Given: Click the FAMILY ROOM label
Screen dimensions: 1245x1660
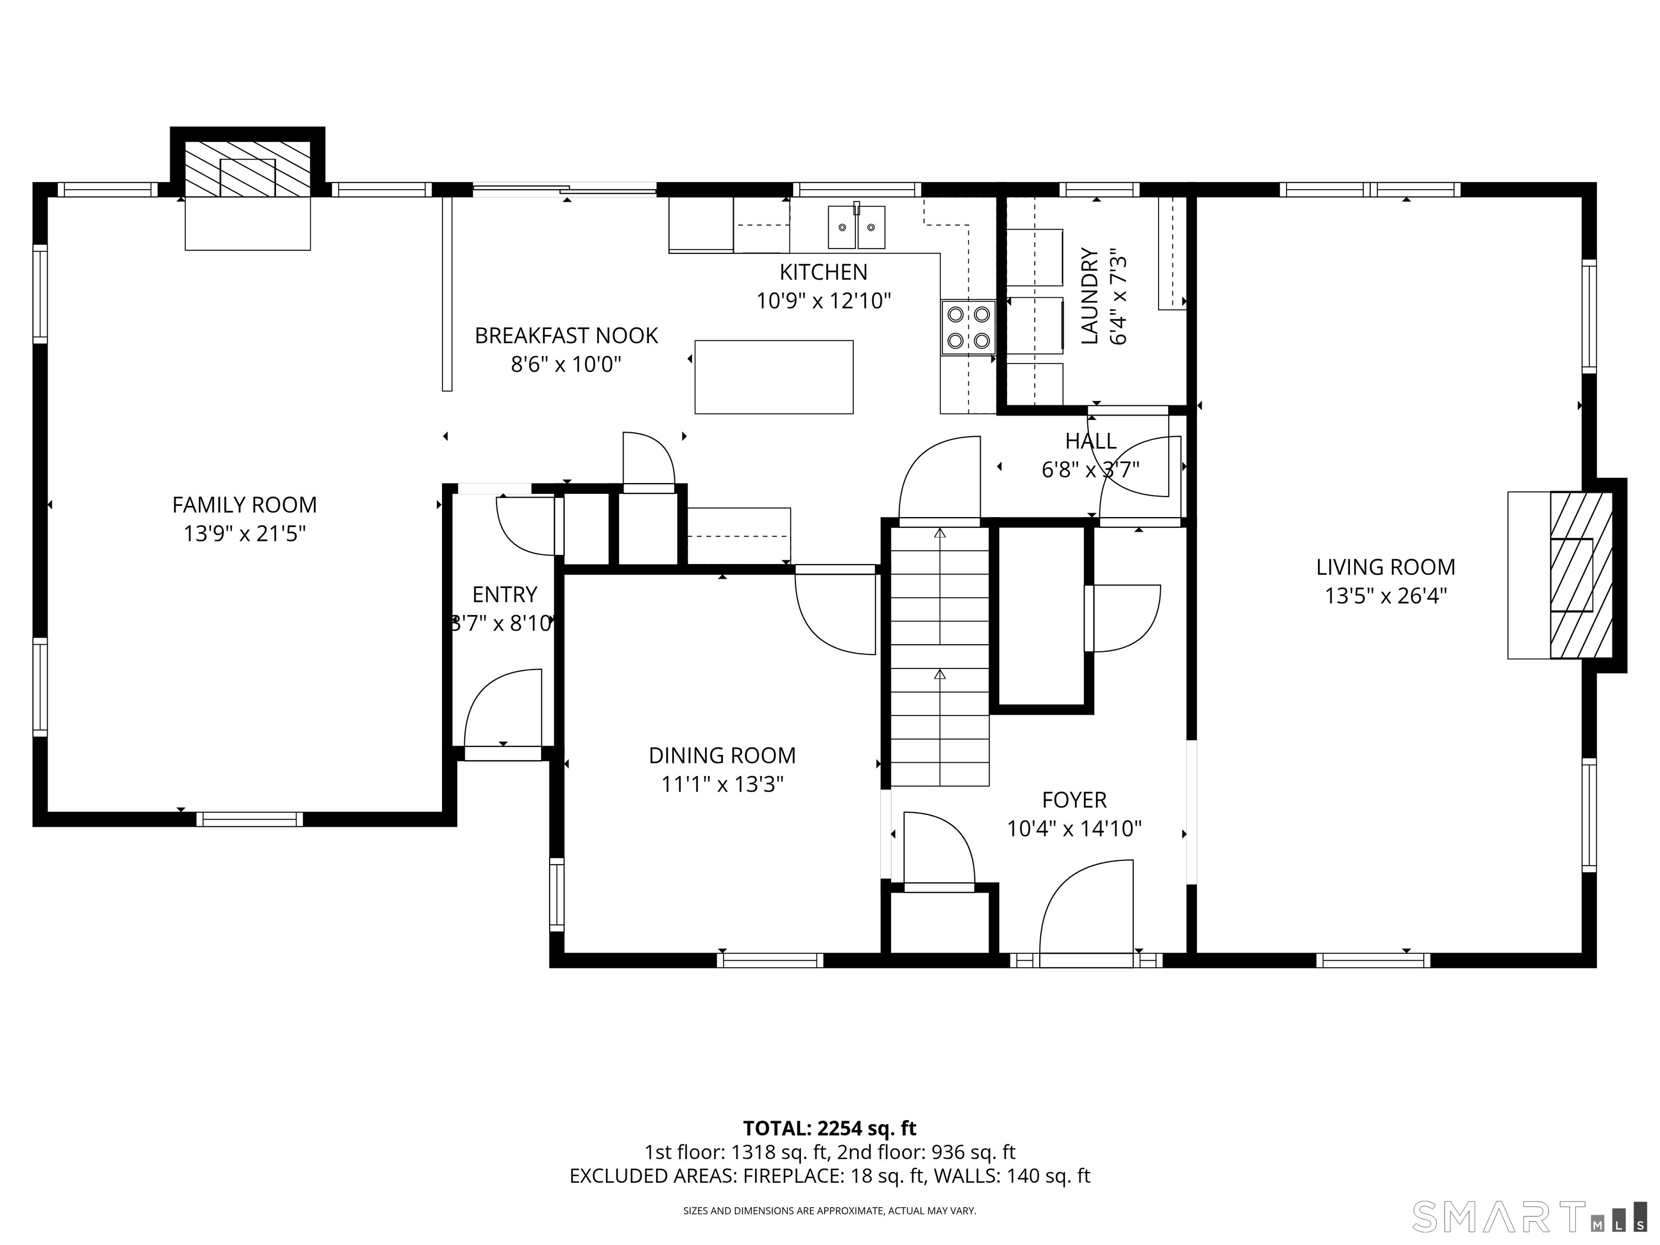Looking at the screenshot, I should [245, 505].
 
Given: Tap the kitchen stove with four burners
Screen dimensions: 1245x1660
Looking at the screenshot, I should [968, 327].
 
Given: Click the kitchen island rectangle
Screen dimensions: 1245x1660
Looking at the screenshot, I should [774, 377].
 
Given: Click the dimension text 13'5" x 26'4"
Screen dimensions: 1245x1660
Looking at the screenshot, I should [1385, 596].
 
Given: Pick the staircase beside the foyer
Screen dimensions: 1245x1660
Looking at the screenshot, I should [940, 656].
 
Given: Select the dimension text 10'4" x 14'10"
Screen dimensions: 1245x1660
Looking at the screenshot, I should [1074, 828].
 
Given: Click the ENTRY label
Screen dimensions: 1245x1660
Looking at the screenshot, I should [504, 594].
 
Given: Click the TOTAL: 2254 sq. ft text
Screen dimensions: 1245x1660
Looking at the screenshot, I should [829, 1129].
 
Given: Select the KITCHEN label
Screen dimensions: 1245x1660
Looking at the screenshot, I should [824, 272].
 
